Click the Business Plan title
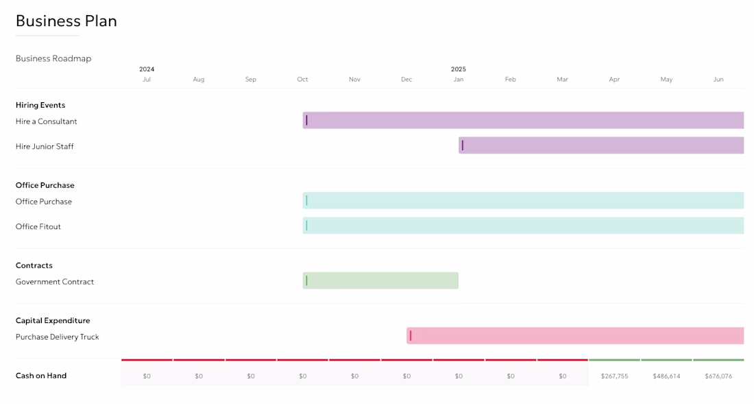66,21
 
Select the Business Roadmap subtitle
53,58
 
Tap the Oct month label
302,80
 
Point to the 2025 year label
459,69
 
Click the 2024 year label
147,69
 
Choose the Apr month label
614,80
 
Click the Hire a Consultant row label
46,121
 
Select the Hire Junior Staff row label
45,147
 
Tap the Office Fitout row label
38,226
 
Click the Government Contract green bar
380,281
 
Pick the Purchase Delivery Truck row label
57,337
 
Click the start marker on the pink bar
411,335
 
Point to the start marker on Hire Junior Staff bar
463,145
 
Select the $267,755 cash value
615,376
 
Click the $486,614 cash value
666,376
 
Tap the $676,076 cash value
718,376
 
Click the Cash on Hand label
41,376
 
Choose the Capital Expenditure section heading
53,321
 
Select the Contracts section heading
34,265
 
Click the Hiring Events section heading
40,106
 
